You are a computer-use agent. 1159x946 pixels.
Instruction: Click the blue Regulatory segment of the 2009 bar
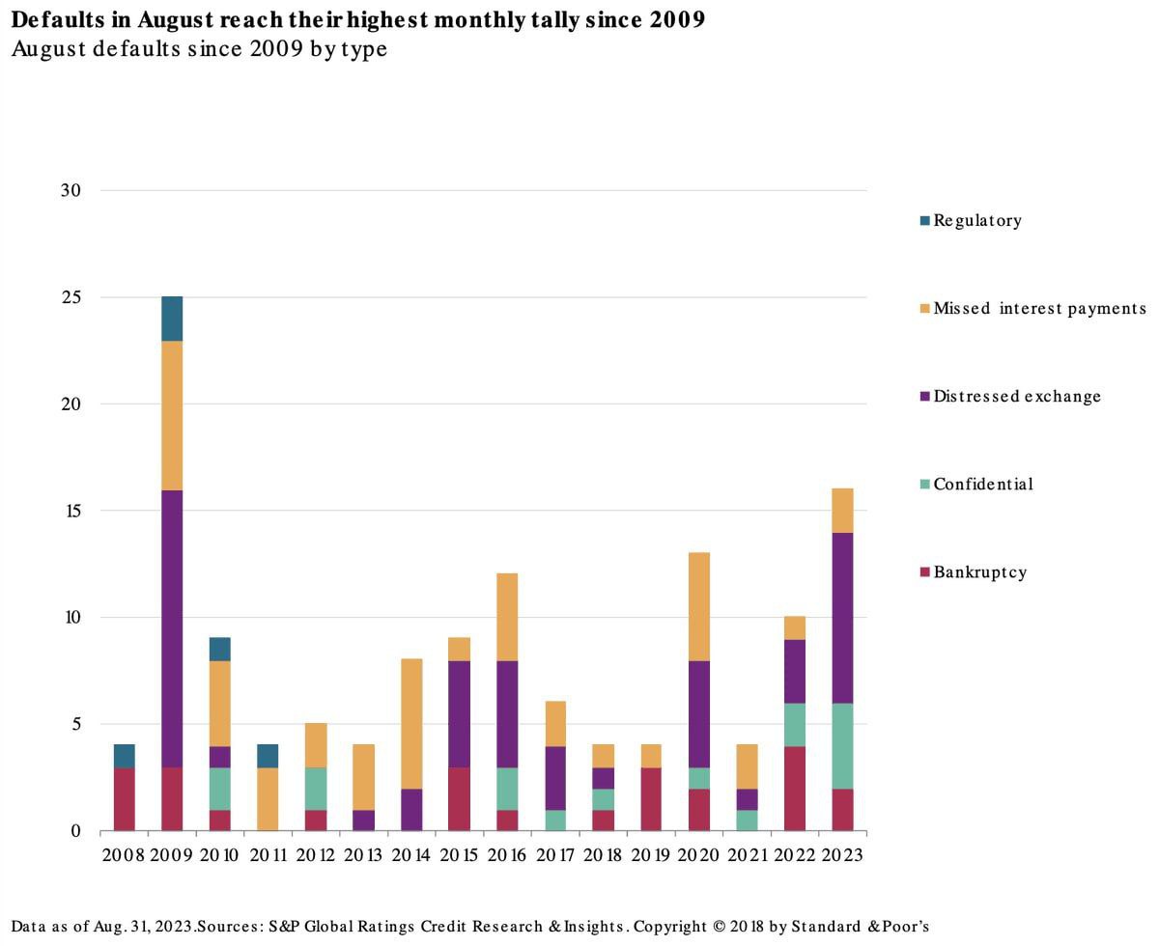(x=171, y=319)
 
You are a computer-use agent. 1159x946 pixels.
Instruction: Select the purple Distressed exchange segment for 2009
(x=171, y=628)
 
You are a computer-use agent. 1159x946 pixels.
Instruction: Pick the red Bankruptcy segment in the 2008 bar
(x=124, y=799)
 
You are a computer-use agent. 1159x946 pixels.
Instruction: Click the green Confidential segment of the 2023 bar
(x=842, y=745)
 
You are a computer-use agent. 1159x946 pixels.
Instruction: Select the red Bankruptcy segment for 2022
(x=794, y=788)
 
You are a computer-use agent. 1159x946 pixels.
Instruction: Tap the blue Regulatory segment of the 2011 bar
(x=267, y=756)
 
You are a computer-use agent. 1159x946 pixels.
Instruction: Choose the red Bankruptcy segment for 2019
(x=651, y=799)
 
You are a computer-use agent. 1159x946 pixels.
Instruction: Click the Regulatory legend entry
(x=976, y=220)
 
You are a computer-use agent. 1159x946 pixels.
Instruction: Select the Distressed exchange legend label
(x=1016, y=396)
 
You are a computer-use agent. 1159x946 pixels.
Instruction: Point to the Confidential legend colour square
(x=925, y=485)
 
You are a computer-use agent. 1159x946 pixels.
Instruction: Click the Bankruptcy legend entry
(x=979, y=571)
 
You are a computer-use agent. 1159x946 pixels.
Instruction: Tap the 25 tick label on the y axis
(x=71, y=297)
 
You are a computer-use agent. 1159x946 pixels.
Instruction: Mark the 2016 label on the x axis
(x=506, y=855)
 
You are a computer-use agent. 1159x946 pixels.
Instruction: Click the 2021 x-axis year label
(x=746, y=855)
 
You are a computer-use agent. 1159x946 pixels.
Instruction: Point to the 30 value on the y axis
(x=71, y=190)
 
